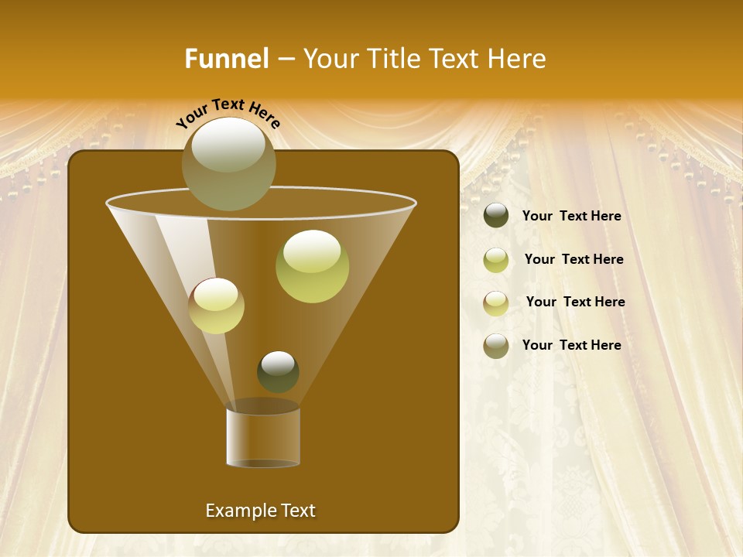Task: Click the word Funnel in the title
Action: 226,59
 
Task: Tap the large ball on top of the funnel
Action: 228,163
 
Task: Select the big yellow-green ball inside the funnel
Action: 312,265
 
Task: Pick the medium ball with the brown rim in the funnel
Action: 216,305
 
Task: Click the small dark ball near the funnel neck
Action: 278,371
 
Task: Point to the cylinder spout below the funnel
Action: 263,437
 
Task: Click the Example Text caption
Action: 260,511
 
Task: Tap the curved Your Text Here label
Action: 228,114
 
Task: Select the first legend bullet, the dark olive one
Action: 496,216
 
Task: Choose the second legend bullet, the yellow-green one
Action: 496,259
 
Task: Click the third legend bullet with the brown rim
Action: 496,302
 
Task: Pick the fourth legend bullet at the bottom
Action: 496,346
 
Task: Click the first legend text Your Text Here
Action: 571,217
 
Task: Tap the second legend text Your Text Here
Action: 574,260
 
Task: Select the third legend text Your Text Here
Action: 575,302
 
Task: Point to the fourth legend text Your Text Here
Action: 571,345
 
